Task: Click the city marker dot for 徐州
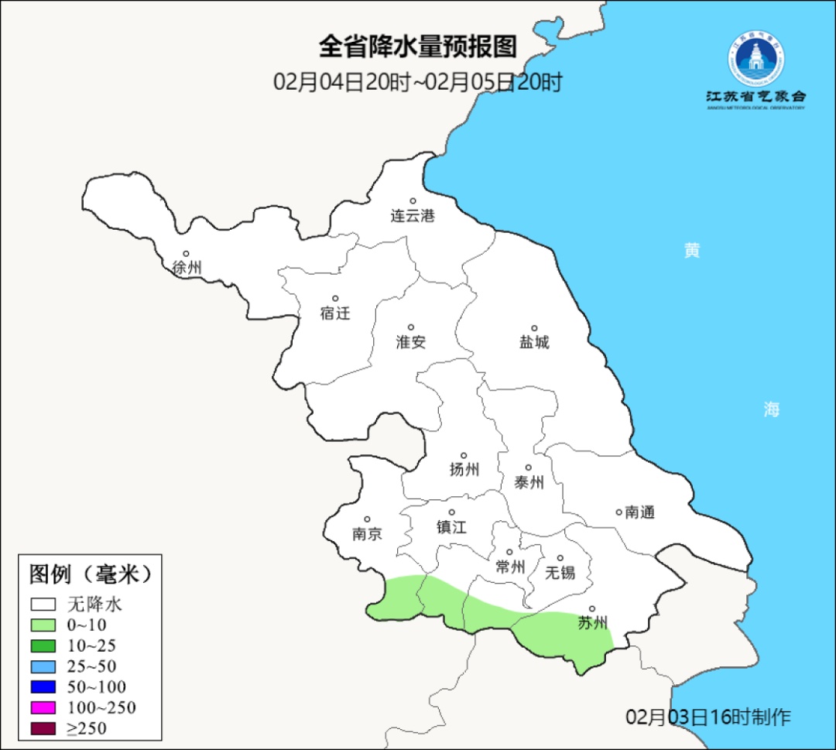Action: (x=186, y=253)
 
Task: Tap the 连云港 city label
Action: (x=413, y=216)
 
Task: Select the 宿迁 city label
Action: (x=335, y=313)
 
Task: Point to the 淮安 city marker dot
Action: (x=411, y=327)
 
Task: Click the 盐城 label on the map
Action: (x=534, y=342)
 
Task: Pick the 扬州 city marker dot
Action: (x=464, y=455)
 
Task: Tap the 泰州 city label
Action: (x=529, y=482)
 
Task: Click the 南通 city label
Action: (x=640, y=512)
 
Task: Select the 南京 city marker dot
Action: (x=367, y=519)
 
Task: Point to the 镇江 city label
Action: (x=451, y=527)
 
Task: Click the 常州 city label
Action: (x=510, y=567)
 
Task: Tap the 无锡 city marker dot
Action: (x=560, y=557)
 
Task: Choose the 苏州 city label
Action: (x=593, y=623)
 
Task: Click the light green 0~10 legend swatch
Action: (x=43, y=625)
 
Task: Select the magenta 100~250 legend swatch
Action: (x=43, y=707)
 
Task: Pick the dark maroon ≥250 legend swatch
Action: (x=43, y=728)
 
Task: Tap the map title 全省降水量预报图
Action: (x=417, y=46)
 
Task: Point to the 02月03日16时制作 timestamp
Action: (x=708, y=717)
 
